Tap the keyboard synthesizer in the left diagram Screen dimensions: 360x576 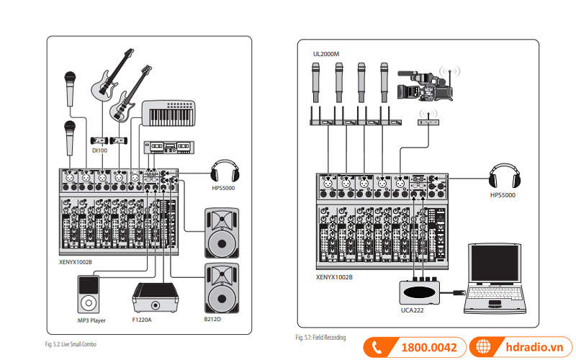(x=169, y=114)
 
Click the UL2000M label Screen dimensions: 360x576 (x=325, y=53)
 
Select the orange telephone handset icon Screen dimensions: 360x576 (x=377, y=347)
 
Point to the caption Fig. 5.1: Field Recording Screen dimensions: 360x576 (x=320, y=337)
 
